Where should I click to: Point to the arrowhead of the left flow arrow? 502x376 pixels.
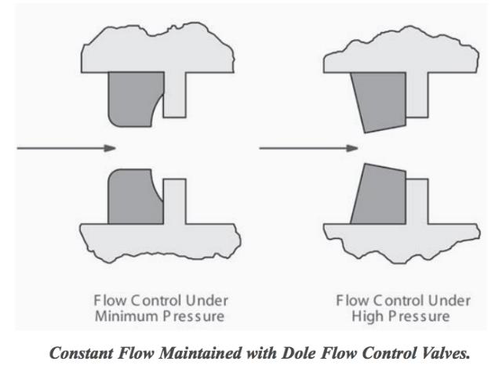click(x=112, y=146)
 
